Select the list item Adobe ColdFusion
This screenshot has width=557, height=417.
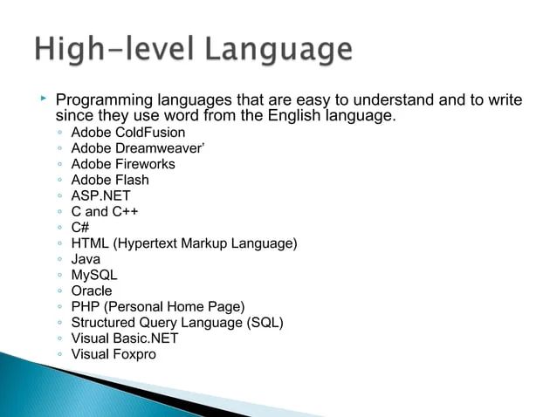pyautogui.click(x=127, y=133)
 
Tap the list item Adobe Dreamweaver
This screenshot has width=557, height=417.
pyautogui.click(x=136, y=148)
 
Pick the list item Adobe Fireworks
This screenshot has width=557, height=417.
pyautogui.click(x=123, y=164)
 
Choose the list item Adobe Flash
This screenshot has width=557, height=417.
pyautogui.click(x=110, y=180)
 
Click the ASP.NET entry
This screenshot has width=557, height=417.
pyautogui.click(x=100, y=195)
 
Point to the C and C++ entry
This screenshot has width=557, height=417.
pyautogui.click(x=105, y=211)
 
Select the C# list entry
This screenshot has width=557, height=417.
pyautogui.click(x=80, y=227)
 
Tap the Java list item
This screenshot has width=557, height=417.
pyautogui.click(x=86, y=259)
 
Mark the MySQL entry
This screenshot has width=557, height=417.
pyautogui.click(x=93, y=275)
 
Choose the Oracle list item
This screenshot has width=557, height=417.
pyautogui.click(x=92, y=291)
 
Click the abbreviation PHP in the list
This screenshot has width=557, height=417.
pyautogui.click(x=86, y=306)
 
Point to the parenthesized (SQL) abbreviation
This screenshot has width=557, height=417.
pyautogui.click(x=265, y=322)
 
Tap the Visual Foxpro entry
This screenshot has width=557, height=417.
pyautogui.click(x=113, y=353)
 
